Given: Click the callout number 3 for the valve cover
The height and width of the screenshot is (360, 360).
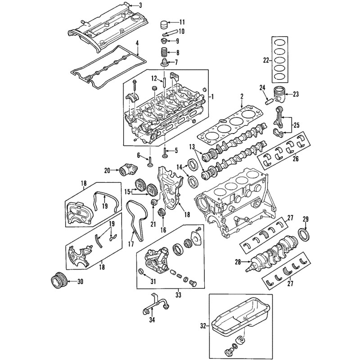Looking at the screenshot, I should click(140, 5).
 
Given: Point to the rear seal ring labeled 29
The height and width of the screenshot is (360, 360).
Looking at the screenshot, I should click(305, 235).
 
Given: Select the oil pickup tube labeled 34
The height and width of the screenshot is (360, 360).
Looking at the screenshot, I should click(155, 306).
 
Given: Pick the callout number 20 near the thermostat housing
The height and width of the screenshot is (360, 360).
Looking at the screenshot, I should click(107, 171).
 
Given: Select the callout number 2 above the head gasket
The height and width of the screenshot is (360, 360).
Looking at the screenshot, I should click(242, 96).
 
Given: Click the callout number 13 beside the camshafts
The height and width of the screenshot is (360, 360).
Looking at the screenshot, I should click(192, 147).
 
